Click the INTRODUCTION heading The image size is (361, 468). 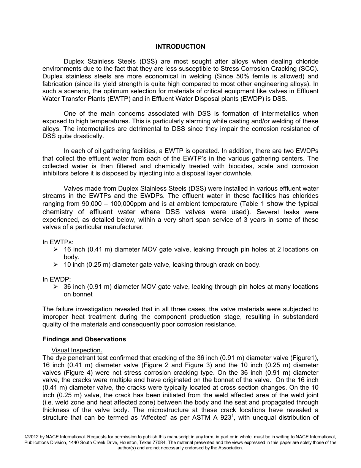point(180,46)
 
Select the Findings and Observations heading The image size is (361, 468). point(84,339)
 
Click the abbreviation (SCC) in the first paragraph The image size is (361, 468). point(310,68)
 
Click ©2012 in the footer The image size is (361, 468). point(31,437)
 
